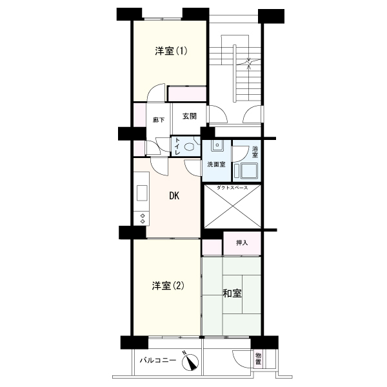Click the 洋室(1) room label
point(171,51)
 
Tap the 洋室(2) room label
point(168,286)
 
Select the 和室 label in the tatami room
point(232,293)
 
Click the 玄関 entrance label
point(189,117)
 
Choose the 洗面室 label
point(215,164)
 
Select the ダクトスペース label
point(233,188)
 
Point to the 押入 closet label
point(242,243)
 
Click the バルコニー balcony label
point(159,361)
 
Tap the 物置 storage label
point(258,358)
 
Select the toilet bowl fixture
point(189,146)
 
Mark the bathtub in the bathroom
point(248,171)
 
